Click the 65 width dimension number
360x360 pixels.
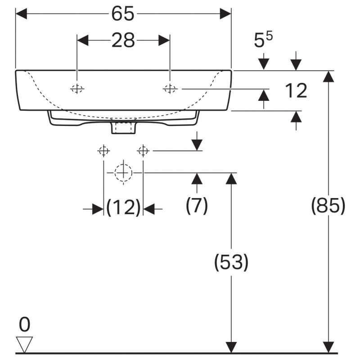point(122,13)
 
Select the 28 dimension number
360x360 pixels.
point(123,40)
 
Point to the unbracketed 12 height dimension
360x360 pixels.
point(296,91)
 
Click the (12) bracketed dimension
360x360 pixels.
point(123,207)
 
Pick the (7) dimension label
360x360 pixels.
point(197,205)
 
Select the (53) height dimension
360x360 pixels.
point(231,262)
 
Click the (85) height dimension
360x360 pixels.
point(328,205)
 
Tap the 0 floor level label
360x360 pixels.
point(25,324)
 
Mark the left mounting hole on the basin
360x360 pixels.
point(77,89)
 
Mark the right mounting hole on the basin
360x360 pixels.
point(170,89)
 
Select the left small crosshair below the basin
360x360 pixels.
point(103,151)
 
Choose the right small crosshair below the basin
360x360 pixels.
point(143,151)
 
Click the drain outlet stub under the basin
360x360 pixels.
point(123,128)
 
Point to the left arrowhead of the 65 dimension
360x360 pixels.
point(21,14)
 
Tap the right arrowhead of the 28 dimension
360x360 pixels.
point(164,40)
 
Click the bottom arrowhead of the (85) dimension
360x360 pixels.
point(328,347)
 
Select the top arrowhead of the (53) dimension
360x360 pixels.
point(231,178)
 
